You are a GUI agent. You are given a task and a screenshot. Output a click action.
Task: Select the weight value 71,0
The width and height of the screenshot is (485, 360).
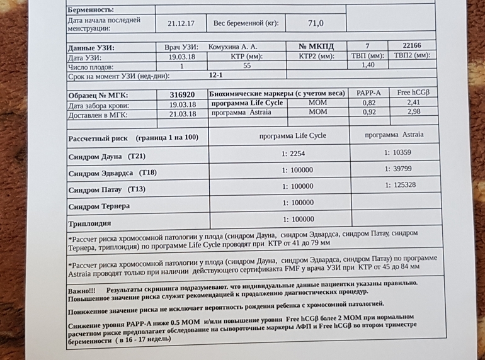coord(315,24)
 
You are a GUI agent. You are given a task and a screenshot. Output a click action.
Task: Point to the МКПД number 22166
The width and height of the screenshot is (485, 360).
coord(411,46)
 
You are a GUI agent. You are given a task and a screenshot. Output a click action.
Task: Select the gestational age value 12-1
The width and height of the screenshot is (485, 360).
coord(216,75)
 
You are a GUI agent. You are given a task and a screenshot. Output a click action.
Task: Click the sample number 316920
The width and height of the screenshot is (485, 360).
coord(183,93)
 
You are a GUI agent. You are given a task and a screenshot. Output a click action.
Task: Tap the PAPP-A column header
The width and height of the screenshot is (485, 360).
coord(368,93)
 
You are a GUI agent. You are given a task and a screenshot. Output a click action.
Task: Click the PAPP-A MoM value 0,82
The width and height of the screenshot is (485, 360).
coord(368,103)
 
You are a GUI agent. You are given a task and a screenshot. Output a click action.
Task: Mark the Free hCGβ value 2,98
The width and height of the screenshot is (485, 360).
coord(413,113)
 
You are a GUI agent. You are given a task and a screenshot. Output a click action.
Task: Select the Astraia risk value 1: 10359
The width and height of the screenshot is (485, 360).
coord(400,152)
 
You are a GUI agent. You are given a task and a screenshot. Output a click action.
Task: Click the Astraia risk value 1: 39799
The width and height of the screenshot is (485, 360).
coord(400,169)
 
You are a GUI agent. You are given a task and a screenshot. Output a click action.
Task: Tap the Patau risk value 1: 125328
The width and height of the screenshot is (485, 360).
coord(400,185)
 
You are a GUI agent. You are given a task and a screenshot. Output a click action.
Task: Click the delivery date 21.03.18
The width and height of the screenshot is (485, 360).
coord(183,114)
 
